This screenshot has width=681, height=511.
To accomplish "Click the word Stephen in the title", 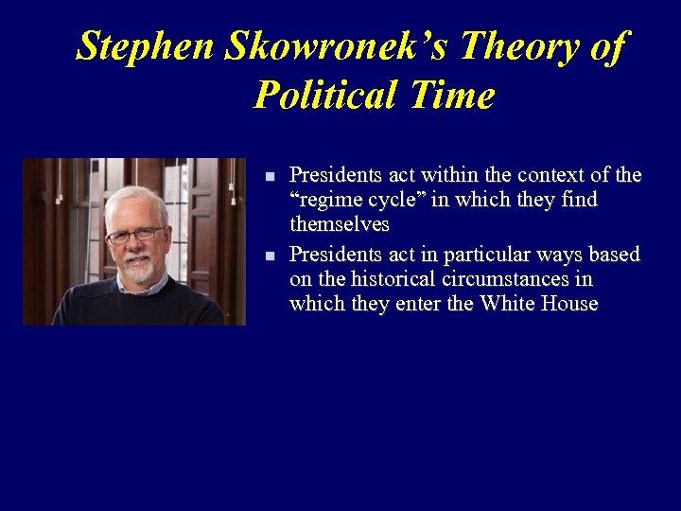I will [x=147, y=45].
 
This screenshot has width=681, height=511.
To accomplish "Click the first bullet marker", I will [x=270, y=177].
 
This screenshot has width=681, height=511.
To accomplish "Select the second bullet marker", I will [x=270, y=256].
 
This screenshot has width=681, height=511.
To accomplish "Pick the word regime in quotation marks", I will [x=325, y=201].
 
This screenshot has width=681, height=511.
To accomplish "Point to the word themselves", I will [x=340, y=226].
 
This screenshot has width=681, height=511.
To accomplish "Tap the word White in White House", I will [x=507, y=304].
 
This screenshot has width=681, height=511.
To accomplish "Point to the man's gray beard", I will [x=137, y=269].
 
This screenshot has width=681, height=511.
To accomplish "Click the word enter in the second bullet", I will [x=416, y=304].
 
